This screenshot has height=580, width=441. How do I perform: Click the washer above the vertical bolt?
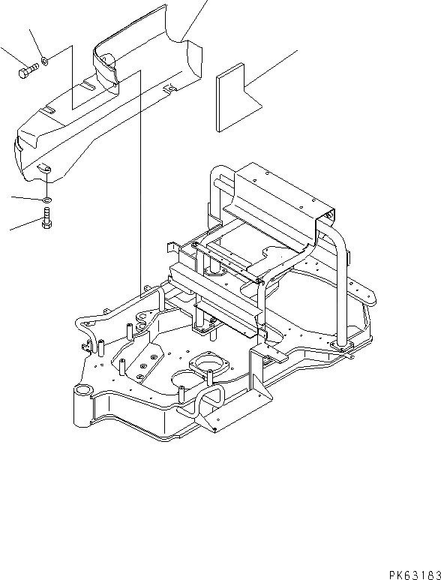tap(46, 200)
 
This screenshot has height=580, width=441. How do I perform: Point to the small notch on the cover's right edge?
tap(171, 90)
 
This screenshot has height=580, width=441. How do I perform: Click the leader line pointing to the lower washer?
tap(25, 198)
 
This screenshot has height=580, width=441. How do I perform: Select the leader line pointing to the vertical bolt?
tap(22, 224)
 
